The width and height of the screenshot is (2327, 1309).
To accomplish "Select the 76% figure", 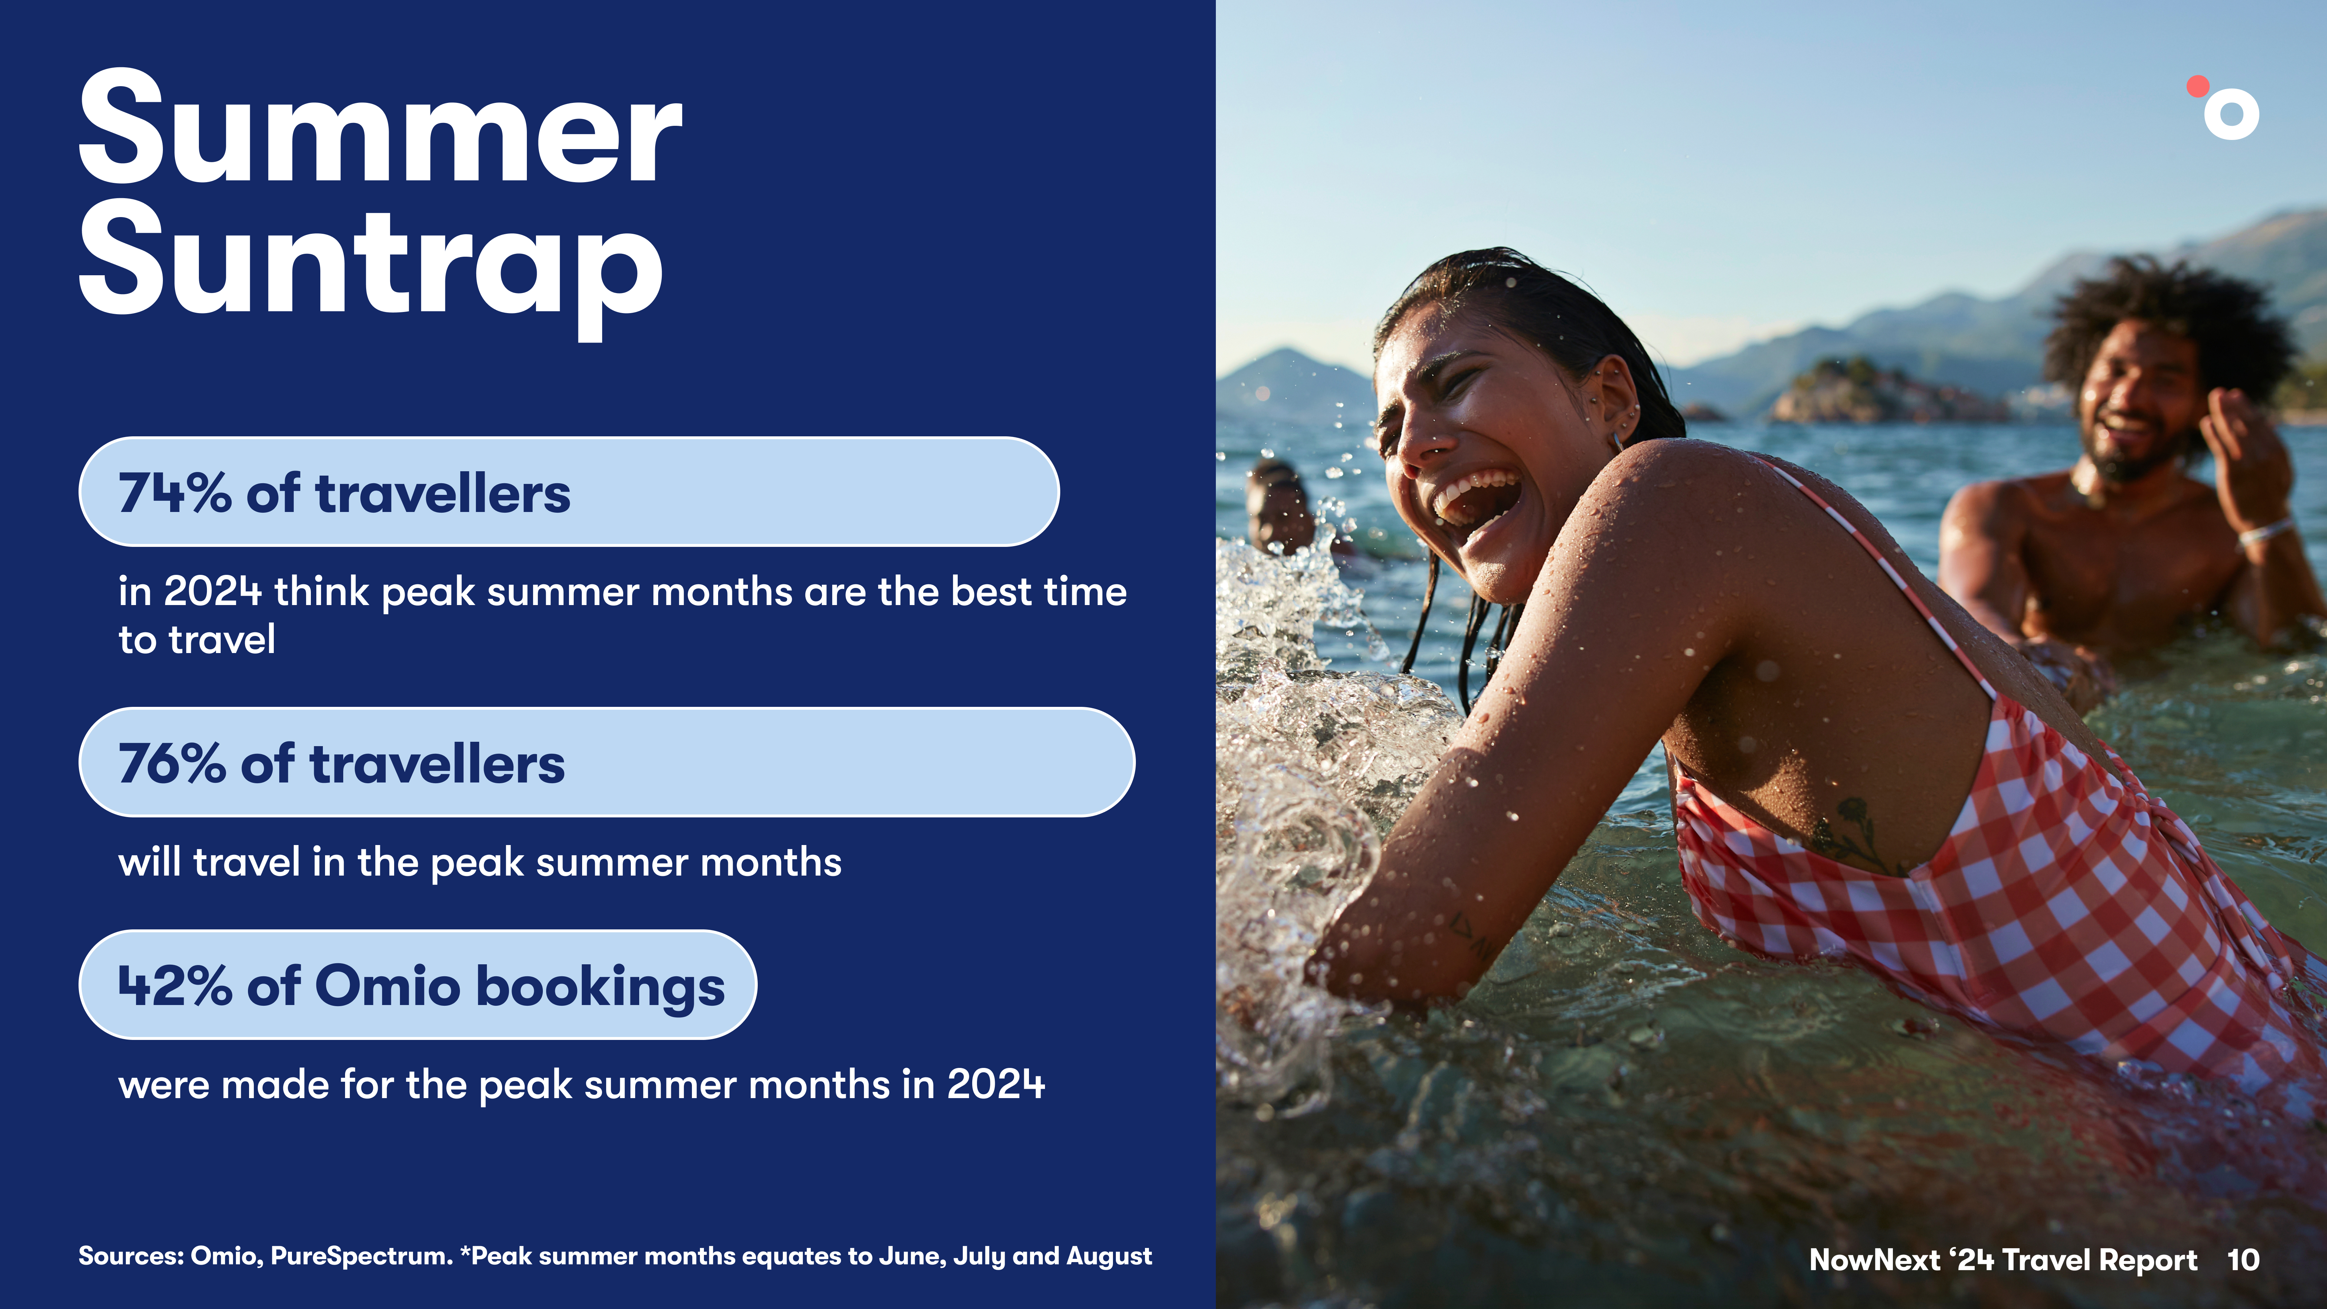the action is pyautogui.click(x=172, y=764).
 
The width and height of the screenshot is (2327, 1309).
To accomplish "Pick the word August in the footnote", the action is pyautogui.click(x=1109, y=1257).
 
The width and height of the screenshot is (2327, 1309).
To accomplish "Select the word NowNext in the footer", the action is pyautogui.click(x=1874, y=1259).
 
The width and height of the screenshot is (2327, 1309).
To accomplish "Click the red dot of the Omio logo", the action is pyautogui.click(x=2198, y=86).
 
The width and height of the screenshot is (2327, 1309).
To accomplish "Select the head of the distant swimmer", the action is pyautogui.click(x=1278, y=506).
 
